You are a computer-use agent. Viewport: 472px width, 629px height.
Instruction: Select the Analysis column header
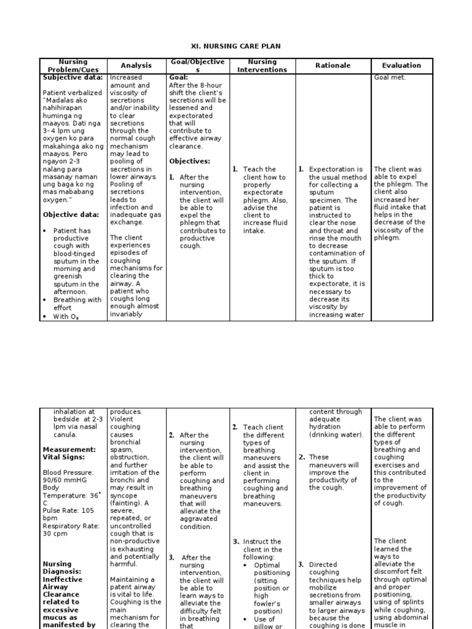pos(136,66)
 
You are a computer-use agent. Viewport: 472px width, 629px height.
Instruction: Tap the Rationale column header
pos(333,66)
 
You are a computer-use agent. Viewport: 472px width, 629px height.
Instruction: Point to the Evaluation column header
pos(401,66)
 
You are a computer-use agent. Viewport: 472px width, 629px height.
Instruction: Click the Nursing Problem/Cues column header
pos(73,66)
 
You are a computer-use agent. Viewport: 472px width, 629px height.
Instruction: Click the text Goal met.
pos(390,78)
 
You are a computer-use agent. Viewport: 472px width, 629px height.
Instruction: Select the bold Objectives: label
pos(189,162)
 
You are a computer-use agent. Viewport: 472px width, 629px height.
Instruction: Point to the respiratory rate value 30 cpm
pos(55,534)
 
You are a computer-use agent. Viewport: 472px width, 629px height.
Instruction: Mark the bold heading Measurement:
pos(69,450)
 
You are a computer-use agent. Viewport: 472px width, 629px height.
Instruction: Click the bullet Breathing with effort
pos(77,304)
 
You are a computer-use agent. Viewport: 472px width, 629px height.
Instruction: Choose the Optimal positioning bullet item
pos(267,569)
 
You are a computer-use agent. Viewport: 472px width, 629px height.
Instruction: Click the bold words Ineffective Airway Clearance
pos(61,587)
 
